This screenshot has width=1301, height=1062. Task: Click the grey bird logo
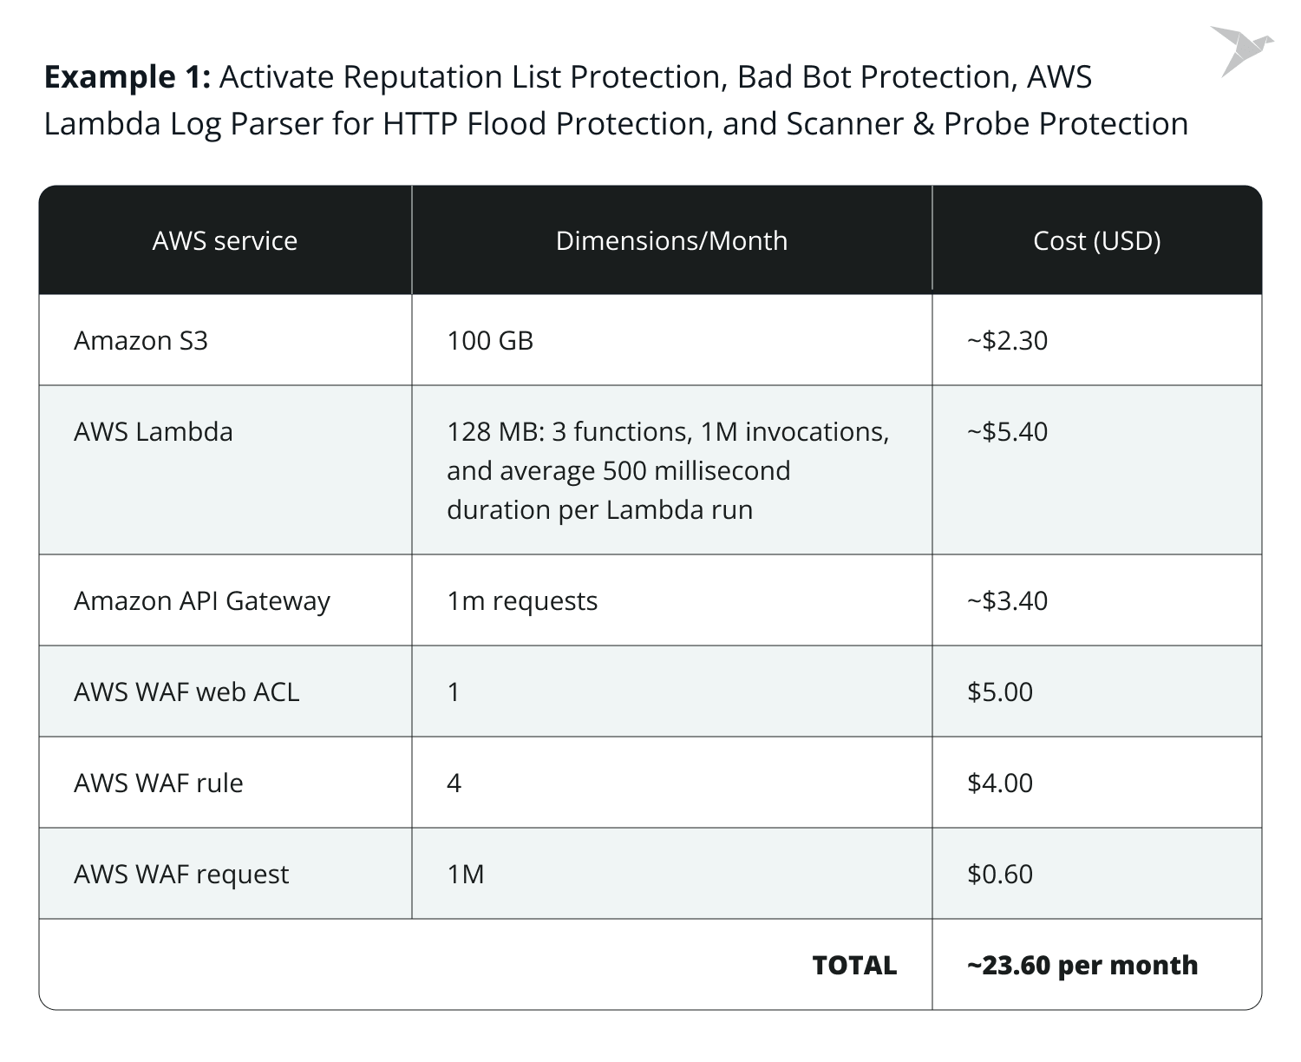click(x=1241, y=50)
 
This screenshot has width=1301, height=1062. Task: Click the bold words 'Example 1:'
click(x=127, y=77)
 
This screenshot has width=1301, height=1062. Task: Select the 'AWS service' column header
click(x=225, y=240)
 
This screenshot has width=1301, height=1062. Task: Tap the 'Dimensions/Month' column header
click(x=671, y=240)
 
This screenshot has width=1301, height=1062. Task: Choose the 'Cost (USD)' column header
click(x=1096, y=240)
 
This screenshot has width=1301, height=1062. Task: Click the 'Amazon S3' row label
click(x=141, y=340)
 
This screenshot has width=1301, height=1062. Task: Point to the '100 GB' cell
click(x=490, y=340)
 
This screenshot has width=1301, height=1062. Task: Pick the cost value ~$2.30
click(x=1007, y=340)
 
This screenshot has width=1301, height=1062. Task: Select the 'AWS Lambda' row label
click(x=154, y=431)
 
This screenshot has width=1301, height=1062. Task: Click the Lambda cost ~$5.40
click(x=1007, y=431)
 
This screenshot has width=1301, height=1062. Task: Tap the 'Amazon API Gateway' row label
click(x=202, y=600)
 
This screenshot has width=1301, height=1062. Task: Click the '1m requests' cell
click(x=522, y=600)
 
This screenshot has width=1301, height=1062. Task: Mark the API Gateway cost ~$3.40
click(x=1007, y=600)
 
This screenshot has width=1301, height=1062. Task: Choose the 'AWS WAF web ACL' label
click(x=186, y=692)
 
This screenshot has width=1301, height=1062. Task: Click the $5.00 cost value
click(x=1000, y=692)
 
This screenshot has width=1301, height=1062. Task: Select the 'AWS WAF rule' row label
click(x=159, y=783)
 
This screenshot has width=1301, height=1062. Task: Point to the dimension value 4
click(x=454, y=783)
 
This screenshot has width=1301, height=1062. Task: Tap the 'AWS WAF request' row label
click(x=181, y=874)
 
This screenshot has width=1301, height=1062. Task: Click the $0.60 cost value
click(x=1000, y=874)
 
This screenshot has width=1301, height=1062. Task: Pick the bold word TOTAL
click(x=854, y=965)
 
